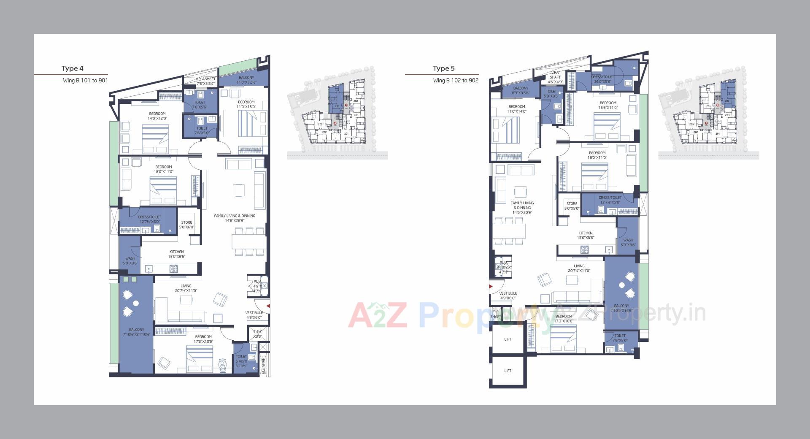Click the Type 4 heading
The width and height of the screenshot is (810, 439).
tap(72, 68)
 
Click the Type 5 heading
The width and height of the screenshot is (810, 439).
tap(443, 68)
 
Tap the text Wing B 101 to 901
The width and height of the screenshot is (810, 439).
tap(85, 80)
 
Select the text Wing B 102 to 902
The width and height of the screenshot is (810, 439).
tap(456, 80)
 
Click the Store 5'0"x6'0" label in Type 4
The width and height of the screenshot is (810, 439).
tap(186, 225)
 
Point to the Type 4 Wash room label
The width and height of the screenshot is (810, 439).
tap(130, 260)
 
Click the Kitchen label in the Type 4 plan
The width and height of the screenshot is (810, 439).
tap(177, 254)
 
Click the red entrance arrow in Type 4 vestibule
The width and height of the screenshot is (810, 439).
tap(268, 306)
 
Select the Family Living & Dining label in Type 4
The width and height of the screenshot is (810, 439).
tap(235, 218)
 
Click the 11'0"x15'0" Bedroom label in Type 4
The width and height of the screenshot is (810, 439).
tap(246, 104)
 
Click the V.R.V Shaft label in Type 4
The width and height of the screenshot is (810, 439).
tap(205, 81)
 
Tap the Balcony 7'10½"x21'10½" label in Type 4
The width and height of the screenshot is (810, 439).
tap(136, 332)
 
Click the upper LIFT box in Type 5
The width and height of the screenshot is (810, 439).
tap(508, 339)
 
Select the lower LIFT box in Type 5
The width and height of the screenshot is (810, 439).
tap(508, 371)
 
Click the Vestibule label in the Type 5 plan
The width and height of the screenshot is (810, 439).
tap(508, 295)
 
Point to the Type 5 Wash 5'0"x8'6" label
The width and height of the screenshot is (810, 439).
tap(628, 242)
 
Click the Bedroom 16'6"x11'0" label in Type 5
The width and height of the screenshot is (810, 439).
tap(608, 105)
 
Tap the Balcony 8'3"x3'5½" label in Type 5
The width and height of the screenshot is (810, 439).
tap(521, 90)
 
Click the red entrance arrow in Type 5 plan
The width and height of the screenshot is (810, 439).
tap(491, 287)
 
